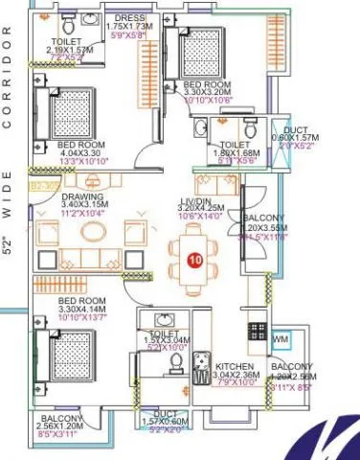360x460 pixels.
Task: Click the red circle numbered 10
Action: pyautogui.click(x=195, y=260)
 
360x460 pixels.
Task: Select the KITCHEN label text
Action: pyautogui.click(x=234, y=367)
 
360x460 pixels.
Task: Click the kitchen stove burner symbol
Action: pyautogui.click(x=258, y=332)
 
